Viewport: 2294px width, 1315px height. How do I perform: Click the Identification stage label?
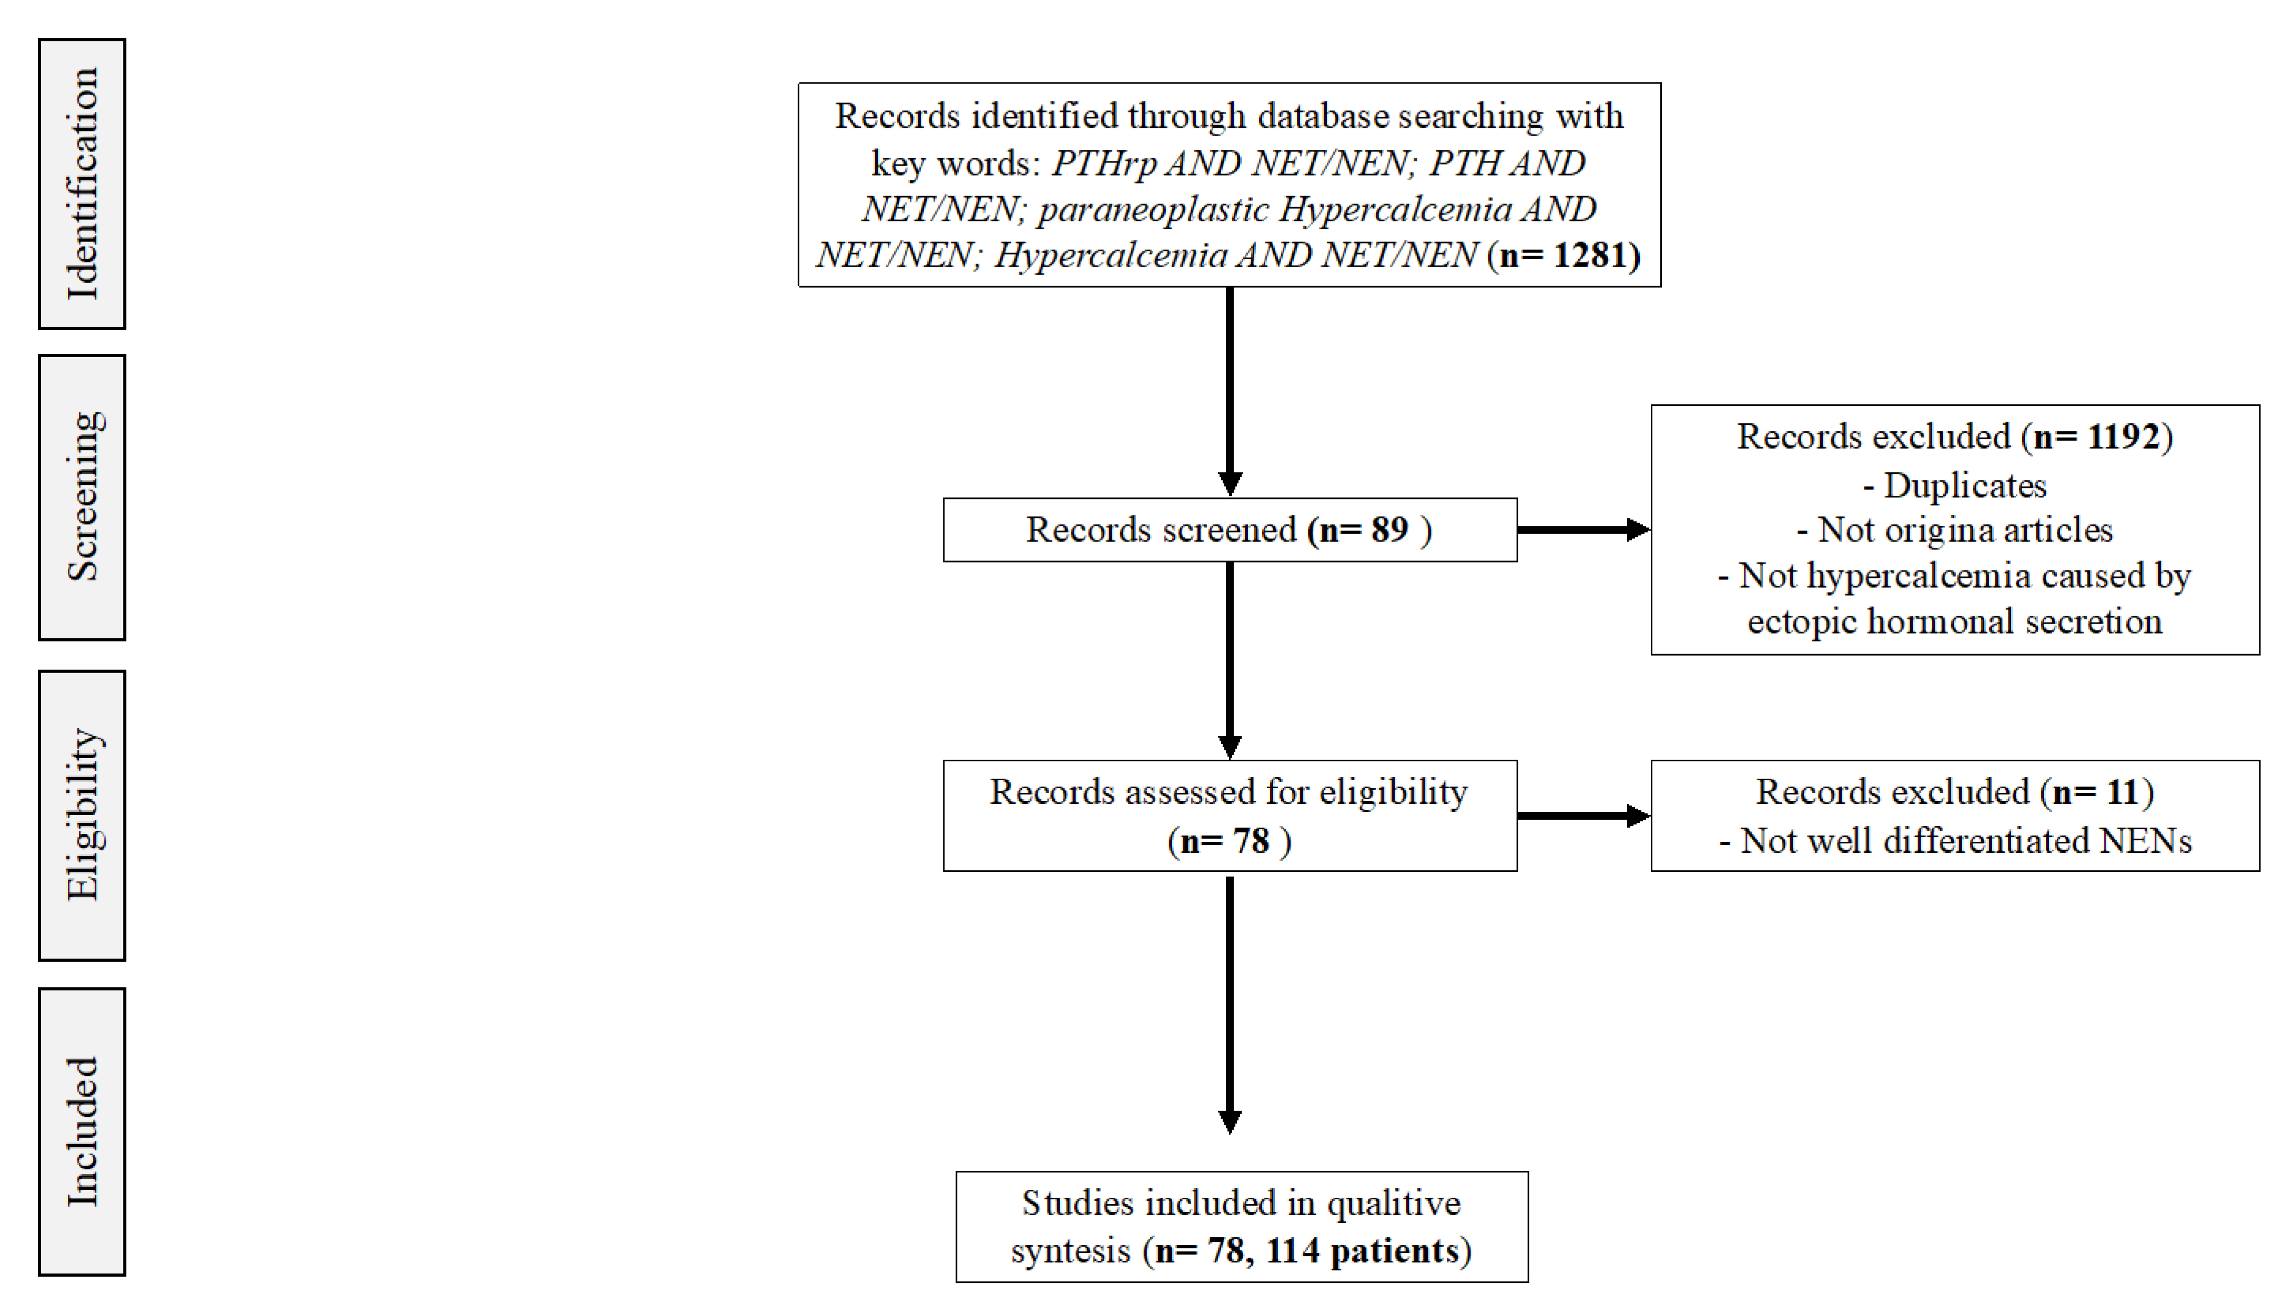click(x=82, y=184)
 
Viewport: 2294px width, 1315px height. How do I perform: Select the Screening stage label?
click(x=82, y=497)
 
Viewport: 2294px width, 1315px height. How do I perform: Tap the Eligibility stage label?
click(x=82, y=814)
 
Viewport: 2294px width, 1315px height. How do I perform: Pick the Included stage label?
click(x=82, y=1131)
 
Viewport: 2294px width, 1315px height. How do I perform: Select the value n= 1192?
click(x=2097, y=437)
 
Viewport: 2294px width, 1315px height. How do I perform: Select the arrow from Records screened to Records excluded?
click(x=1582, y=530)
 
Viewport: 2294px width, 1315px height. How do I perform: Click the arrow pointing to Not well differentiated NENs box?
click(x=1582, y=815)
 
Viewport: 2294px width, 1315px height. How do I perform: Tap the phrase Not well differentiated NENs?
click(x=1964, y=841)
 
